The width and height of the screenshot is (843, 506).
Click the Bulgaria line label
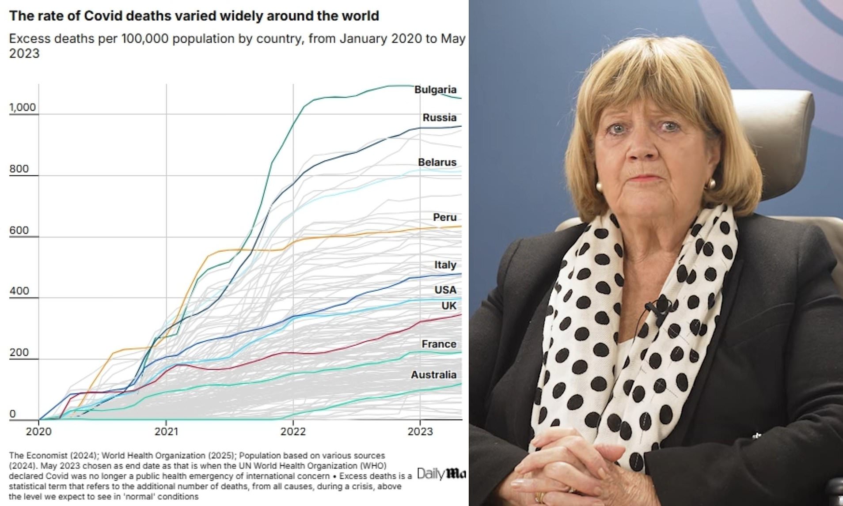pyautogui.click(x=435, y=90)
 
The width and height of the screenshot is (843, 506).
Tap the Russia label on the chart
pyautogui.click(x=439, y=117)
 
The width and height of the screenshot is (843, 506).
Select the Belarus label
pyautogui.click(x=437, y=162)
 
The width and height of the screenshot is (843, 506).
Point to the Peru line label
pyautogui.click(x=444, y=217)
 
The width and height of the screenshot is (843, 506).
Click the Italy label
pyautogui.click(x=445, y=264)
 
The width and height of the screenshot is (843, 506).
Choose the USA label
pyautogui.click(x=445, y=290)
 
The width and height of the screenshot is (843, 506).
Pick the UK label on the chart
pyautogui.click(x=448, y=306)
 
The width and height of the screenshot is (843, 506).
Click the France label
pyautogui.click(x=439, y=344)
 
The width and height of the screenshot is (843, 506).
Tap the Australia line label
pyautogui.click(x=433, y=375)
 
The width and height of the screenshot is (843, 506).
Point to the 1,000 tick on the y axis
pyautogui.click(x=23, y=107)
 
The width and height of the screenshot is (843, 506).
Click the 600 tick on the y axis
pyautogui.click(x=19, y=230)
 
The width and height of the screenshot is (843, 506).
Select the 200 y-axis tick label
pyautogui.click(x=19, y=352)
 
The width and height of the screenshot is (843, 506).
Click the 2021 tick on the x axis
pyautogui.click(x=166, y=431)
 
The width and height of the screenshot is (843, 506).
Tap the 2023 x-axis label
pyautogui.click(x=420, y=431)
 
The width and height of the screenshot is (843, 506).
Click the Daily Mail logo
pyautogui.click(x=441, y=474)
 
